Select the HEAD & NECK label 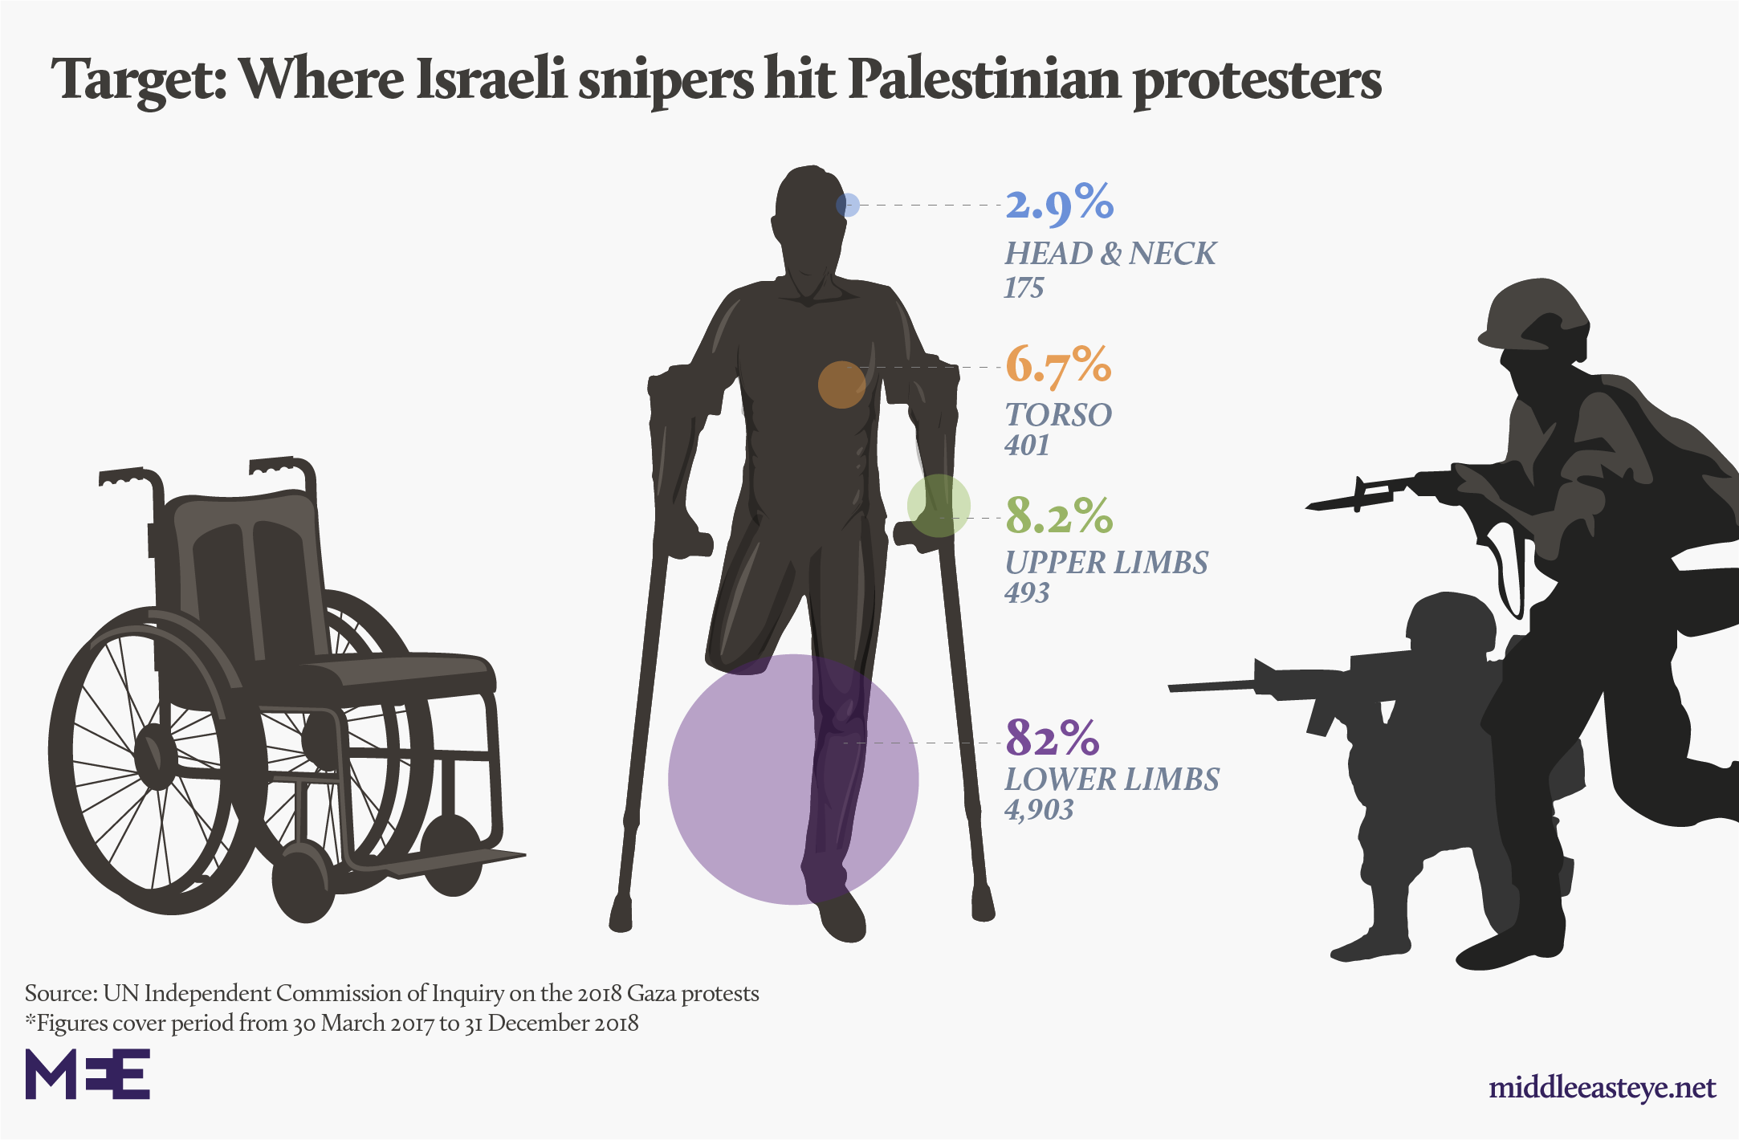pos(1110,254)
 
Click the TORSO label pos(1058,415)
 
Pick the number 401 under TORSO pos(1027,446)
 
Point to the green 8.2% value pos(1059,515)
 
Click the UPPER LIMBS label pos(1106,563)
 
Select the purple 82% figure pos(1052,737)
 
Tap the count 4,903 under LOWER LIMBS pos(1038,809)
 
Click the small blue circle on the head pos(848,205)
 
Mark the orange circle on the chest pos(841,385)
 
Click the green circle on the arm pos(939,506)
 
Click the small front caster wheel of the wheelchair pos(303,883)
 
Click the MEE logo pos(88,1073)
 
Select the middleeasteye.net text pos(1602,1088)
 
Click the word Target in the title pos(138,80)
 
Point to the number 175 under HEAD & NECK pos(1024,287)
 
